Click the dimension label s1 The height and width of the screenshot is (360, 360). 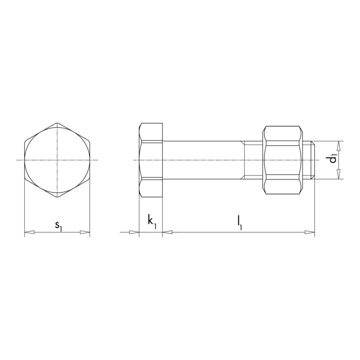click(58, 226)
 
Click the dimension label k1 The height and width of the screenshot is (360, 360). click(152, 221)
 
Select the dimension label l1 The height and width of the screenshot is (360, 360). click(239, 223)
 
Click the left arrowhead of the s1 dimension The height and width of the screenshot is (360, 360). click(30, 232)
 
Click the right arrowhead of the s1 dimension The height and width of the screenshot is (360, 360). click(85, 232)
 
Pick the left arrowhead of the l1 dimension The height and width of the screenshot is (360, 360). click(167, 232)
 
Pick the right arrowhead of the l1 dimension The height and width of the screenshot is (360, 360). click(310, 232)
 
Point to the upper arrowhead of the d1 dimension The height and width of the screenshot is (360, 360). click(339, 146)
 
